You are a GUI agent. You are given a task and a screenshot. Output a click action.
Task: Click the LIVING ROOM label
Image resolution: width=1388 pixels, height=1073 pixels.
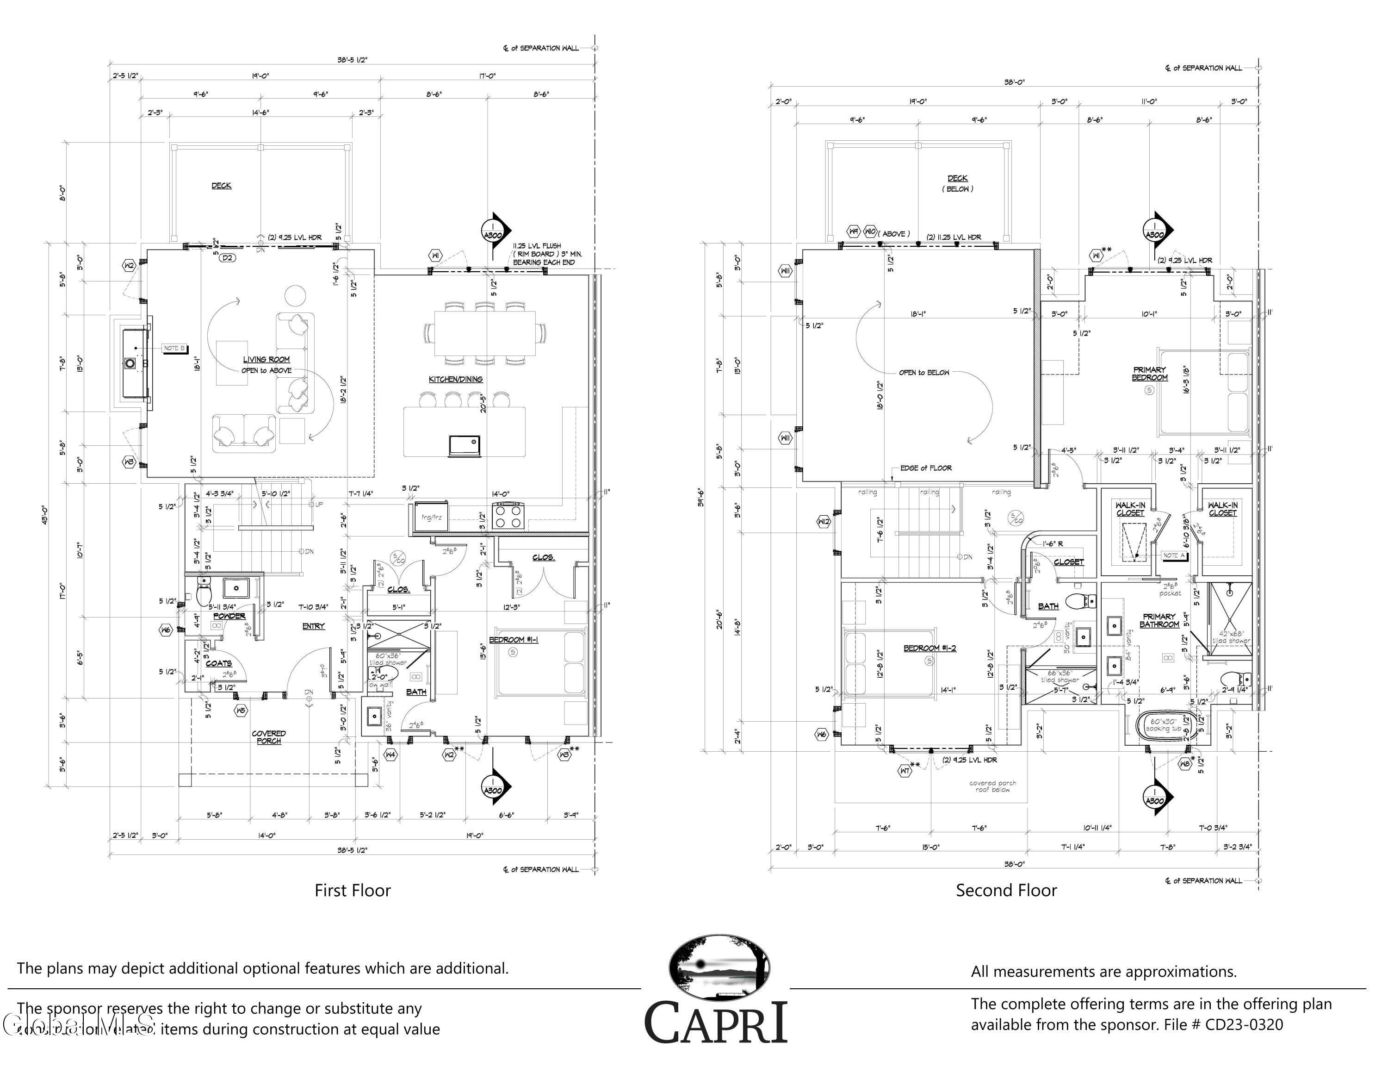click(266, 360)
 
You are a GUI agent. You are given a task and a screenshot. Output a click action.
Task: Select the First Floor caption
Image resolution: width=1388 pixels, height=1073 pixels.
click(353, 891)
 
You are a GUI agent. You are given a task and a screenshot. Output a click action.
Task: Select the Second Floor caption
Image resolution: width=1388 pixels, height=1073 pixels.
click(1006, 891)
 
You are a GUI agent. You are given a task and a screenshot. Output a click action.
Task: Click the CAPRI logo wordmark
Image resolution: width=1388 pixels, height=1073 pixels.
click(716, 1022)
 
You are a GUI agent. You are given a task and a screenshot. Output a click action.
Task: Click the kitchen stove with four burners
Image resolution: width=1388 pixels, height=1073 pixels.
click(508, 516)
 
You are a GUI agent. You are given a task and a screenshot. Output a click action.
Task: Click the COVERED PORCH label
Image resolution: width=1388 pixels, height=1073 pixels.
click(269, 737)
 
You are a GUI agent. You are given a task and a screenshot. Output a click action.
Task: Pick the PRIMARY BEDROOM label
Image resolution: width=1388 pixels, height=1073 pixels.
click(1150, 374)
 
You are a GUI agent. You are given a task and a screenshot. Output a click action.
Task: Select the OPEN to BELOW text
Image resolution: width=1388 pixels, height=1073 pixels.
click(924, 373)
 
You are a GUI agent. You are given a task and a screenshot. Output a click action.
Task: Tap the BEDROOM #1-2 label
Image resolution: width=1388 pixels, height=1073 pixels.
click(930, 649)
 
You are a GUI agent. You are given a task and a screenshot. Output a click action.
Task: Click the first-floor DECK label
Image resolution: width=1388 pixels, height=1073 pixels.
click(221, 186)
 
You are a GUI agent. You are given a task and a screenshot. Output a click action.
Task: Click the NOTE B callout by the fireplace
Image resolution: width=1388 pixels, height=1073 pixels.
click(174, 349)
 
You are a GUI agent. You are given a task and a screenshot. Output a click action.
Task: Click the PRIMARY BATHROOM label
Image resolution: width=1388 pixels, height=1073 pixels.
click(1159, 620)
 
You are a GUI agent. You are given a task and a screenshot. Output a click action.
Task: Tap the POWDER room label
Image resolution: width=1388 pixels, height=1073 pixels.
click(229, 616)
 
